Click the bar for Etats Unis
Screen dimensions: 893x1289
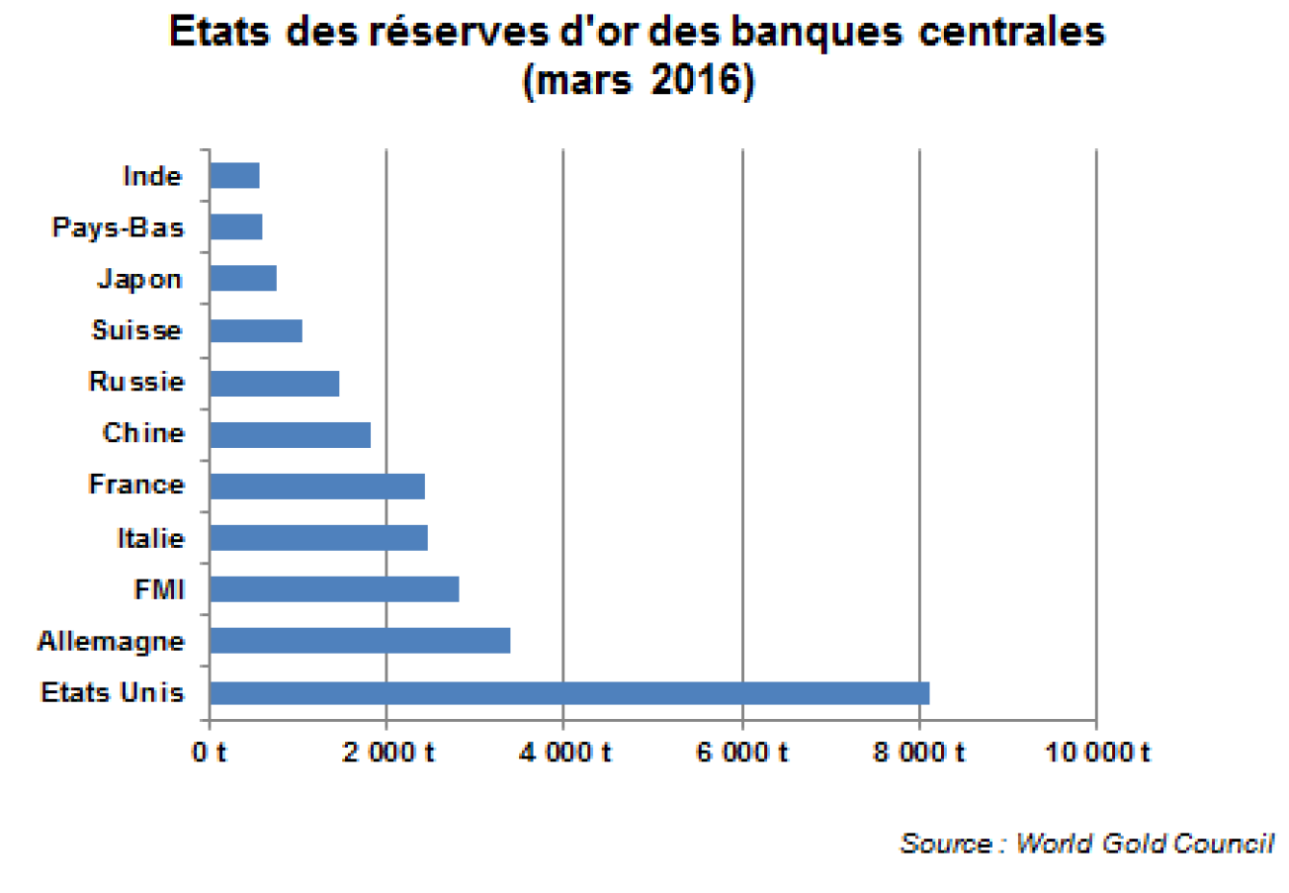click(x=569, y=692)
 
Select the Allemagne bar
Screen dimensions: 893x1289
click(x=360, y=641)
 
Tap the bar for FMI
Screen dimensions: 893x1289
click(x=334, y=589)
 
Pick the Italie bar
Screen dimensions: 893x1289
click(x=318, y=537)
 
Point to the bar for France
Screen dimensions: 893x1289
click(x=317, y=486)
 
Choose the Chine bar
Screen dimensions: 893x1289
click(x=290, y=434)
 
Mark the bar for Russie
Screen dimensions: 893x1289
click(x=275, y=383)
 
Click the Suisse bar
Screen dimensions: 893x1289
click(x=256, y=330)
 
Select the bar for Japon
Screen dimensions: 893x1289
click(x=243, y=279)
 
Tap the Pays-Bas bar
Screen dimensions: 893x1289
click(x=236, y=226)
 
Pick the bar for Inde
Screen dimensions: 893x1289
click(x=234, y=175)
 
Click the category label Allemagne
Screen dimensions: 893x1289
click(x=111, y=641)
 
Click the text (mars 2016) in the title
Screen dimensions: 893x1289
click(x=638, y=81)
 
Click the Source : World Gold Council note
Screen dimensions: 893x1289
click(x=1085, y=844)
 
